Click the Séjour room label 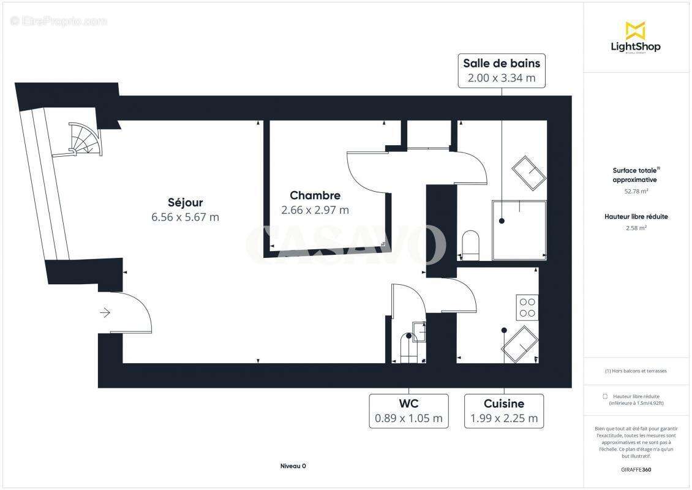(185, 202)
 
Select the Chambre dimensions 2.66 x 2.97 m (315, 210)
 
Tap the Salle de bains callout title (502, 63)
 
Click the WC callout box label (408, 404)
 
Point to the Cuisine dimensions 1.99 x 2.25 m (504, 419)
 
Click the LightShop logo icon (635, 31)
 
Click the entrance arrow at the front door (105, 313)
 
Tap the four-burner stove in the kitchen (527, 307)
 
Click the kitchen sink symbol (521, 344)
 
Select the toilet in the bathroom (470, 244)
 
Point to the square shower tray (518, 230)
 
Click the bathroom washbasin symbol (528, 173)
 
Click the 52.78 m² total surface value (636, 191)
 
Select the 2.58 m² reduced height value (636, 227)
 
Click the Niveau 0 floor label (293, 466)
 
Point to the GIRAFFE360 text (636, 469)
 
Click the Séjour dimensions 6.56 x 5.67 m (185, 217)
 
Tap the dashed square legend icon (605, 396)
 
